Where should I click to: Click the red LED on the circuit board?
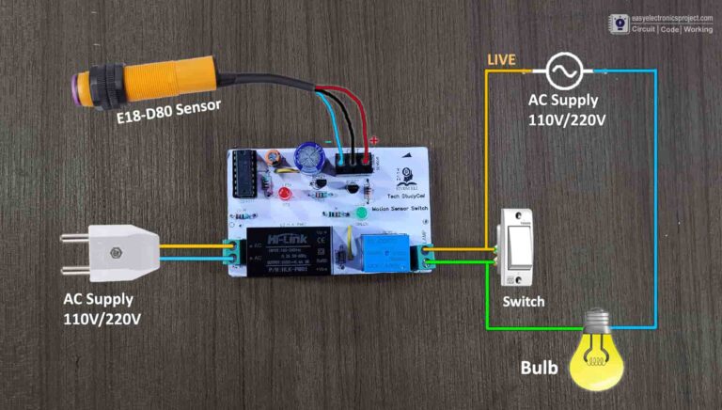[283, 195]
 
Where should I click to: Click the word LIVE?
[500, 61]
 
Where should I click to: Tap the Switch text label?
[523, 303]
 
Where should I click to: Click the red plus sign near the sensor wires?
[374, 141]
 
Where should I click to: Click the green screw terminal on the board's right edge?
[429, 253]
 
